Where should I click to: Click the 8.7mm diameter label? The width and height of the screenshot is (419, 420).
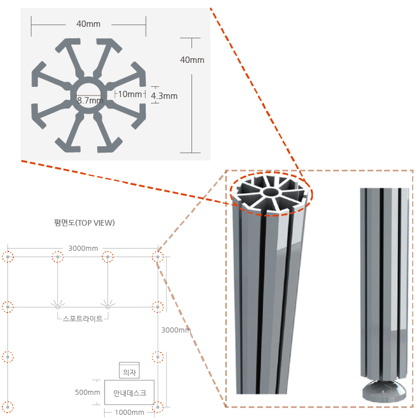point(90,101)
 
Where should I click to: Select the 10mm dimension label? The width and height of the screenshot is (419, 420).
point(130,94)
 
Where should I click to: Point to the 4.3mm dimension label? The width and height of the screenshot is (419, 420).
point(164,96)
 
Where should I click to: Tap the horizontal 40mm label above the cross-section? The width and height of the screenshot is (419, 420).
point(89,24)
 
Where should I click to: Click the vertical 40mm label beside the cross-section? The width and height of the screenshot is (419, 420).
point(192,60)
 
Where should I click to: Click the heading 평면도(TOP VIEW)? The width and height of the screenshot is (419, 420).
point(85,223)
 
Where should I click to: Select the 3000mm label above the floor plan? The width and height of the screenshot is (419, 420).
point(83,249)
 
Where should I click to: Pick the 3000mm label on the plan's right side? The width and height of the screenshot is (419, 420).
point(176,330)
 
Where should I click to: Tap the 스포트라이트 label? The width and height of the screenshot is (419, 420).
point(83,318)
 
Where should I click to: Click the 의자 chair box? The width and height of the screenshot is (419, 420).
point(129,370)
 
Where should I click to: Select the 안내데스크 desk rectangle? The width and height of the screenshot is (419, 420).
point(129,393)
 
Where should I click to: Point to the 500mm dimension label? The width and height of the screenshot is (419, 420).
point(87,392)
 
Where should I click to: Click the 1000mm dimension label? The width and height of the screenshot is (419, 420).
point(129,412)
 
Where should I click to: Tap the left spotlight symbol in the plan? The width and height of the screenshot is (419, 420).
point(58,306)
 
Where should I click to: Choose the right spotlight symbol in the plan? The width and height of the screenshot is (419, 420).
point(107,306)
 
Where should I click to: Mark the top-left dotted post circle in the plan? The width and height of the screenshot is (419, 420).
point(8,257)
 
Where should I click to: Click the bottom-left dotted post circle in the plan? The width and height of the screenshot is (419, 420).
point(8,407)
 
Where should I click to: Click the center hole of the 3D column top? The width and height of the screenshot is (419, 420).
point(270,192)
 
